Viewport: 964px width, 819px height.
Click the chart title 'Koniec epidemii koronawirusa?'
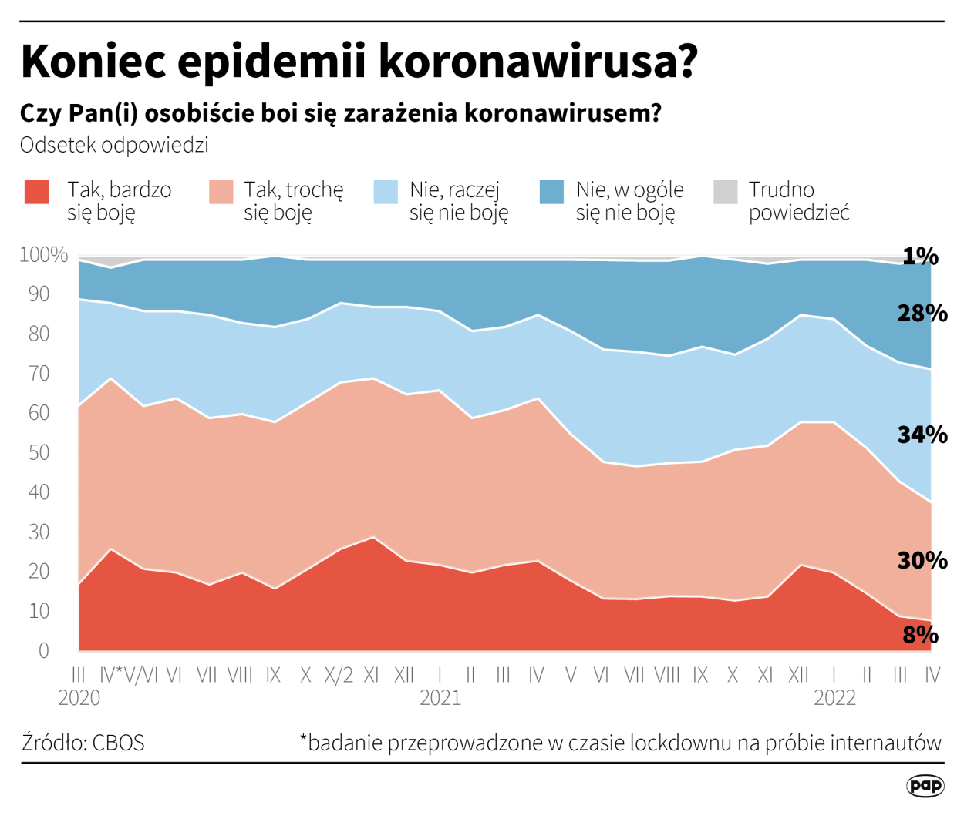pos(359,61)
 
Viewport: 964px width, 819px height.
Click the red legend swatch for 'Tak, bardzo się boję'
pos(36,192)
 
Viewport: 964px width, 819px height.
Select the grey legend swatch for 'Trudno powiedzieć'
pos(726,192)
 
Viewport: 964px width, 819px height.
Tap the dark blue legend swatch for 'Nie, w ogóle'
pos(551,192)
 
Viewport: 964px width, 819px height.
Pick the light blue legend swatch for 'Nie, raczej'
pos(386,192)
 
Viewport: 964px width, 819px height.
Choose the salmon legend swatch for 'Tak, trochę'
pos(221,192)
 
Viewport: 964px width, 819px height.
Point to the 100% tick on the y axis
pos(43,255)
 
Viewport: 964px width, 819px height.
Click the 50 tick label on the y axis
pos(39,452)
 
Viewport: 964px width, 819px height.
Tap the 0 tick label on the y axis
pos(43,650)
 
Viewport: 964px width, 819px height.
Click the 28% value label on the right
pos(922,313)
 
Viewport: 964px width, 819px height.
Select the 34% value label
pos(922,435)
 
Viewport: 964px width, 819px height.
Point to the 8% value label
pos(920,635)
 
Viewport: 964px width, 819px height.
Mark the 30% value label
pos(922,560)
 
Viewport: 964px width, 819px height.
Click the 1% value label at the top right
pos(920,256)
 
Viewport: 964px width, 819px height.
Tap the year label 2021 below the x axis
pos(440,698)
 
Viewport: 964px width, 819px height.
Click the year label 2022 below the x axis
pos(834,698)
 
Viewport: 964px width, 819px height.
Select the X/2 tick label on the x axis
pos(339,676)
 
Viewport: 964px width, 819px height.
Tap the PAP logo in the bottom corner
pos(925,785)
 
